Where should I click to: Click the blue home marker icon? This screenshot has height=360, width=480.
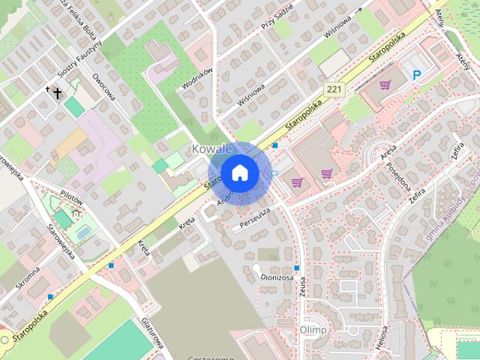click(239, 172)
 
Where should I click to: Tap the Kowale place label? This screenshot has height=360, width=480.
click(211, 148)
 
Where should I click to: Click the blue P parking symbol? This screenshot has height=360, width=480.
click(417, 73)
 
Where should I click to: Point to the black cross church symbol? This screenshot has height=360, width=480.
click(56, 93)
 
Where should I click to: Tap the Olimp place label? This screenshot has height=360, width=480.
click(313, 330)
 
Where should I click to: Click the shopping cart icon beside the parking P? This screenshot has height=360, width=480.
click(385, 85)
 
